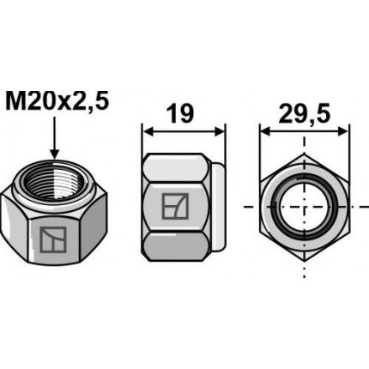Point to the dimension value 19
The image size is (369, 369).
tap(183, 112)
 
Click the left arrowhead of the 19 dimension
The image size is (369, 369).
tap(147, 131)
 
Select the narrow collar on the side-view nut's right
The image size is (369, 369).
tap(220, 207)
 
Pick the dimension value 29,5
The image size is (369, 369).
tap(304, 112)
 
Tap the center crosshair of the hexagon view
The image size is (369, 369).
tap(304, 207)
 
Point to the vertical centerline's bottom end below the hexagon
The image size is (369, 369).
tap(304, 276)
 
